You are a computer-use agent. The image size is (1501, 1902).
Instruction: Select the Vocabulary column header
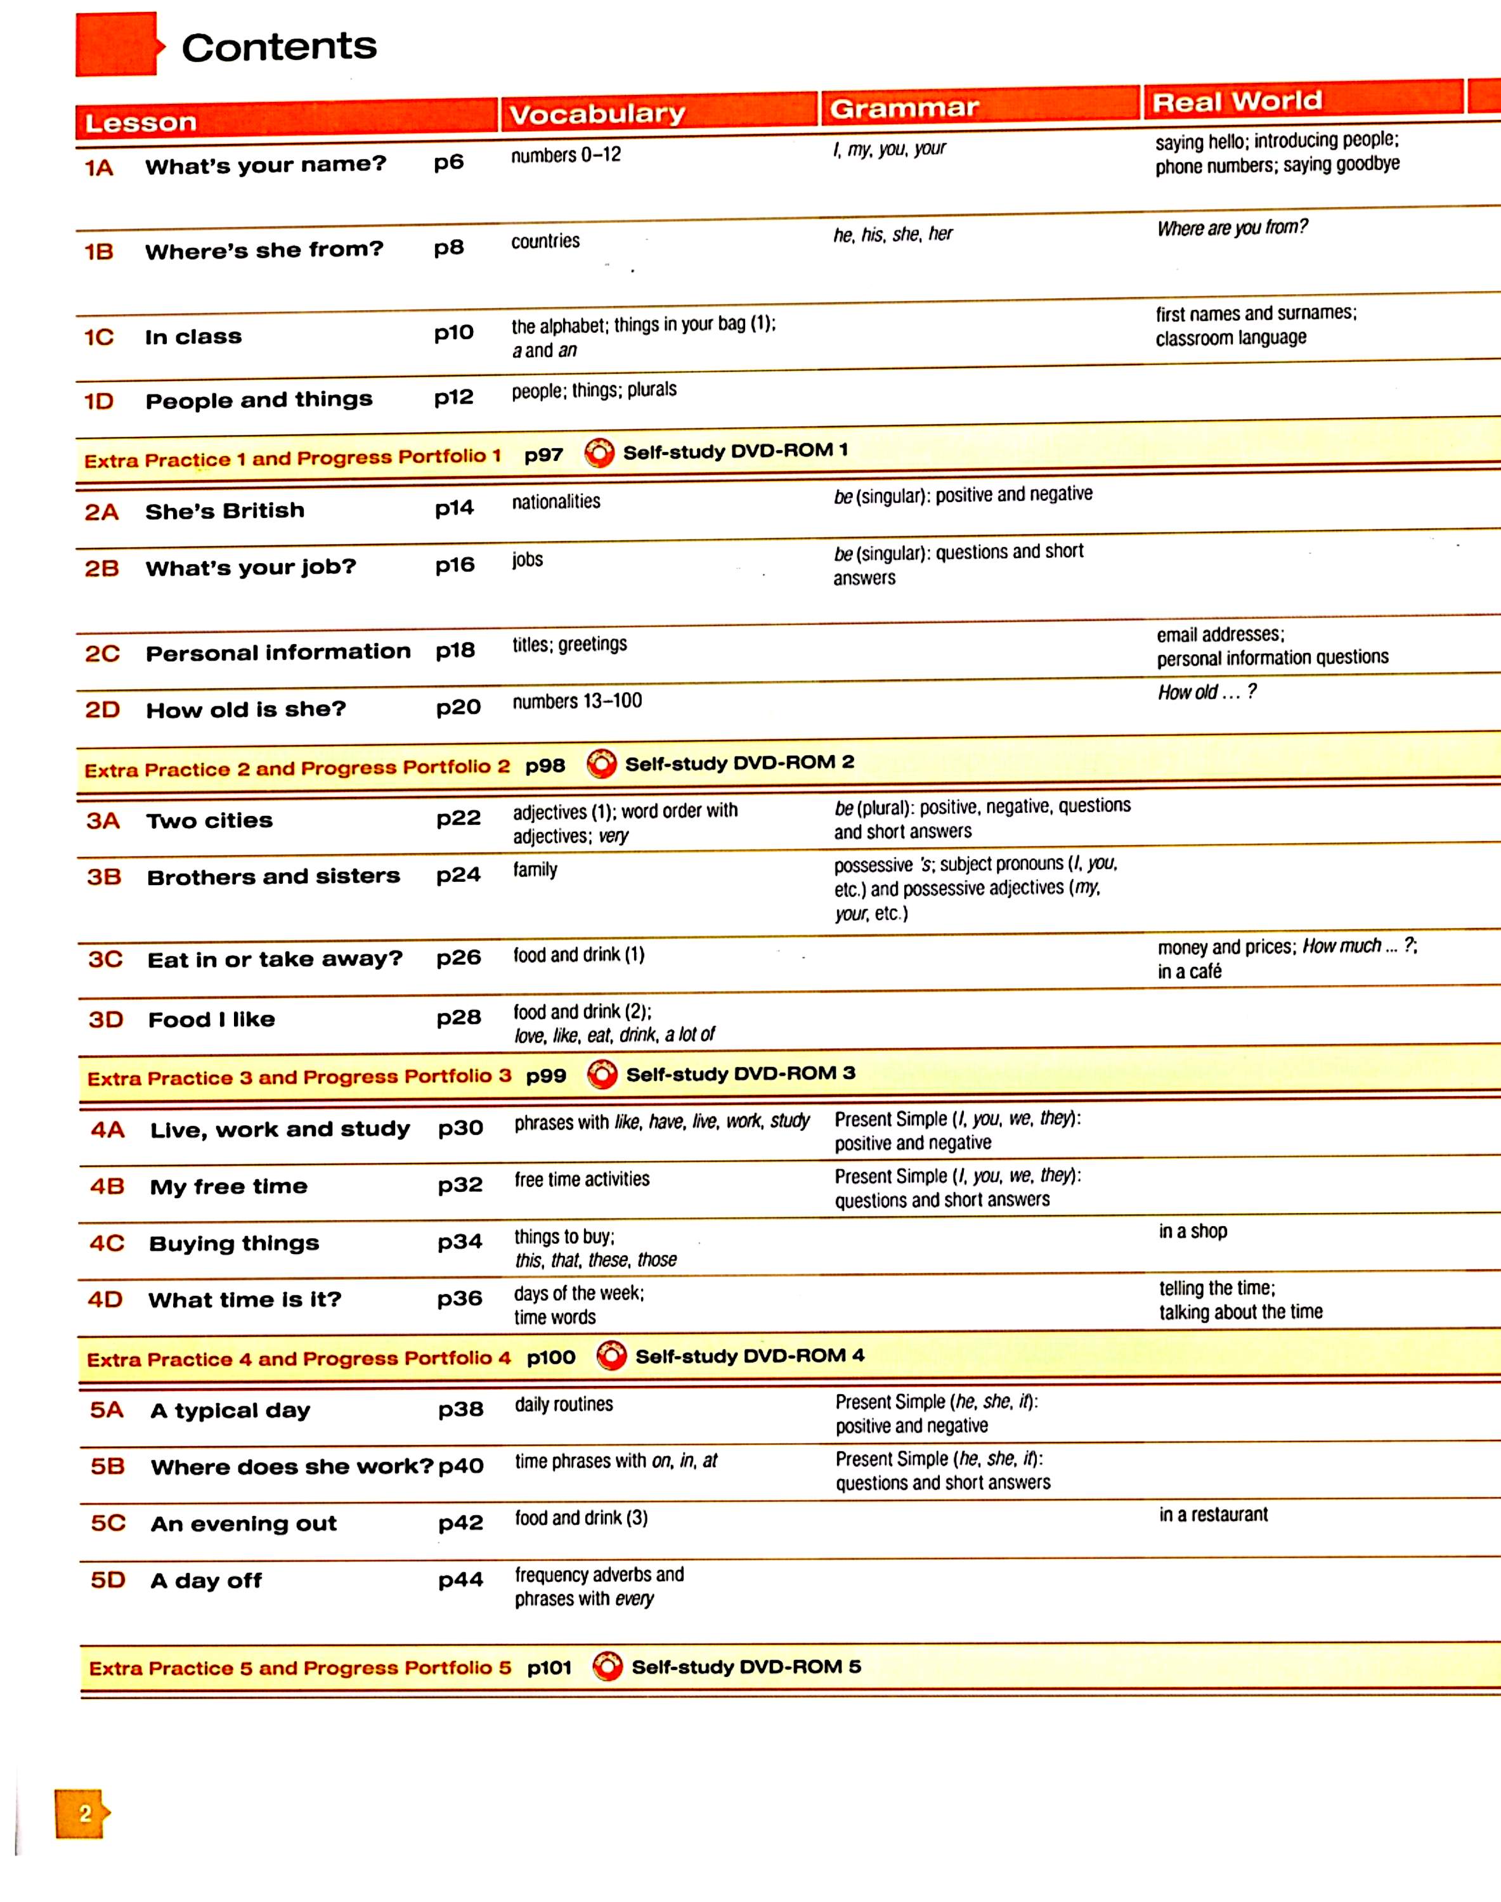597,113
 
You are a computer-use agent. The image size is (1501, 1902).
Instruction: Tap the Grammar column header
904,108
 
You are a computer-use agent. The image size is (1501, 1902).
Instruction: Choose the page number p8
448,248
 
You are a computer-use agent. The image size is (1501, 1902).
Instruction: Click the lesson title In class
193,337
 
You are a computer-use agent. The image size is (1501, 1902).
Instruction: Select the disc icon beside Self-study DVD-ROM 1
599,453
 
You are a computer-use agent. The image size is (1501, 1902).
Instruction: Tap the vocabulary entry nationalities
556,501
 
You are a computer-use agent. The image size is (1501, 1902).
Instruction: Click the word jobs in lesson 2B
527,560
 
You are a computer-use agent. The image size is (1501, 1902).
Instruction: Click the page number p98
545,765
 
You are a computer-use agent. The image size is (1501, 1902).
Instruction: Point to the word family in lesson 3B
535,870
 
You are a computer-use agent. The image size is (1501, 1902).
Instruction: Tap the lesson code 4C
107,1243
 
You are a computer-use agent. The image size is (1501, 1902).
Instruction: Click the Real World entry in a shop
1193,1232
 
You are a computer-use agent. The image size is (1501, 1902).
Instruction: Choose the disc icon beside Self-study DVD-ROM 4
611,1355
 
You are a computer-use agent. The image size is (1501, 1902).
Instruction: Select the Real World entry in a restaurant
1212,1515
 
